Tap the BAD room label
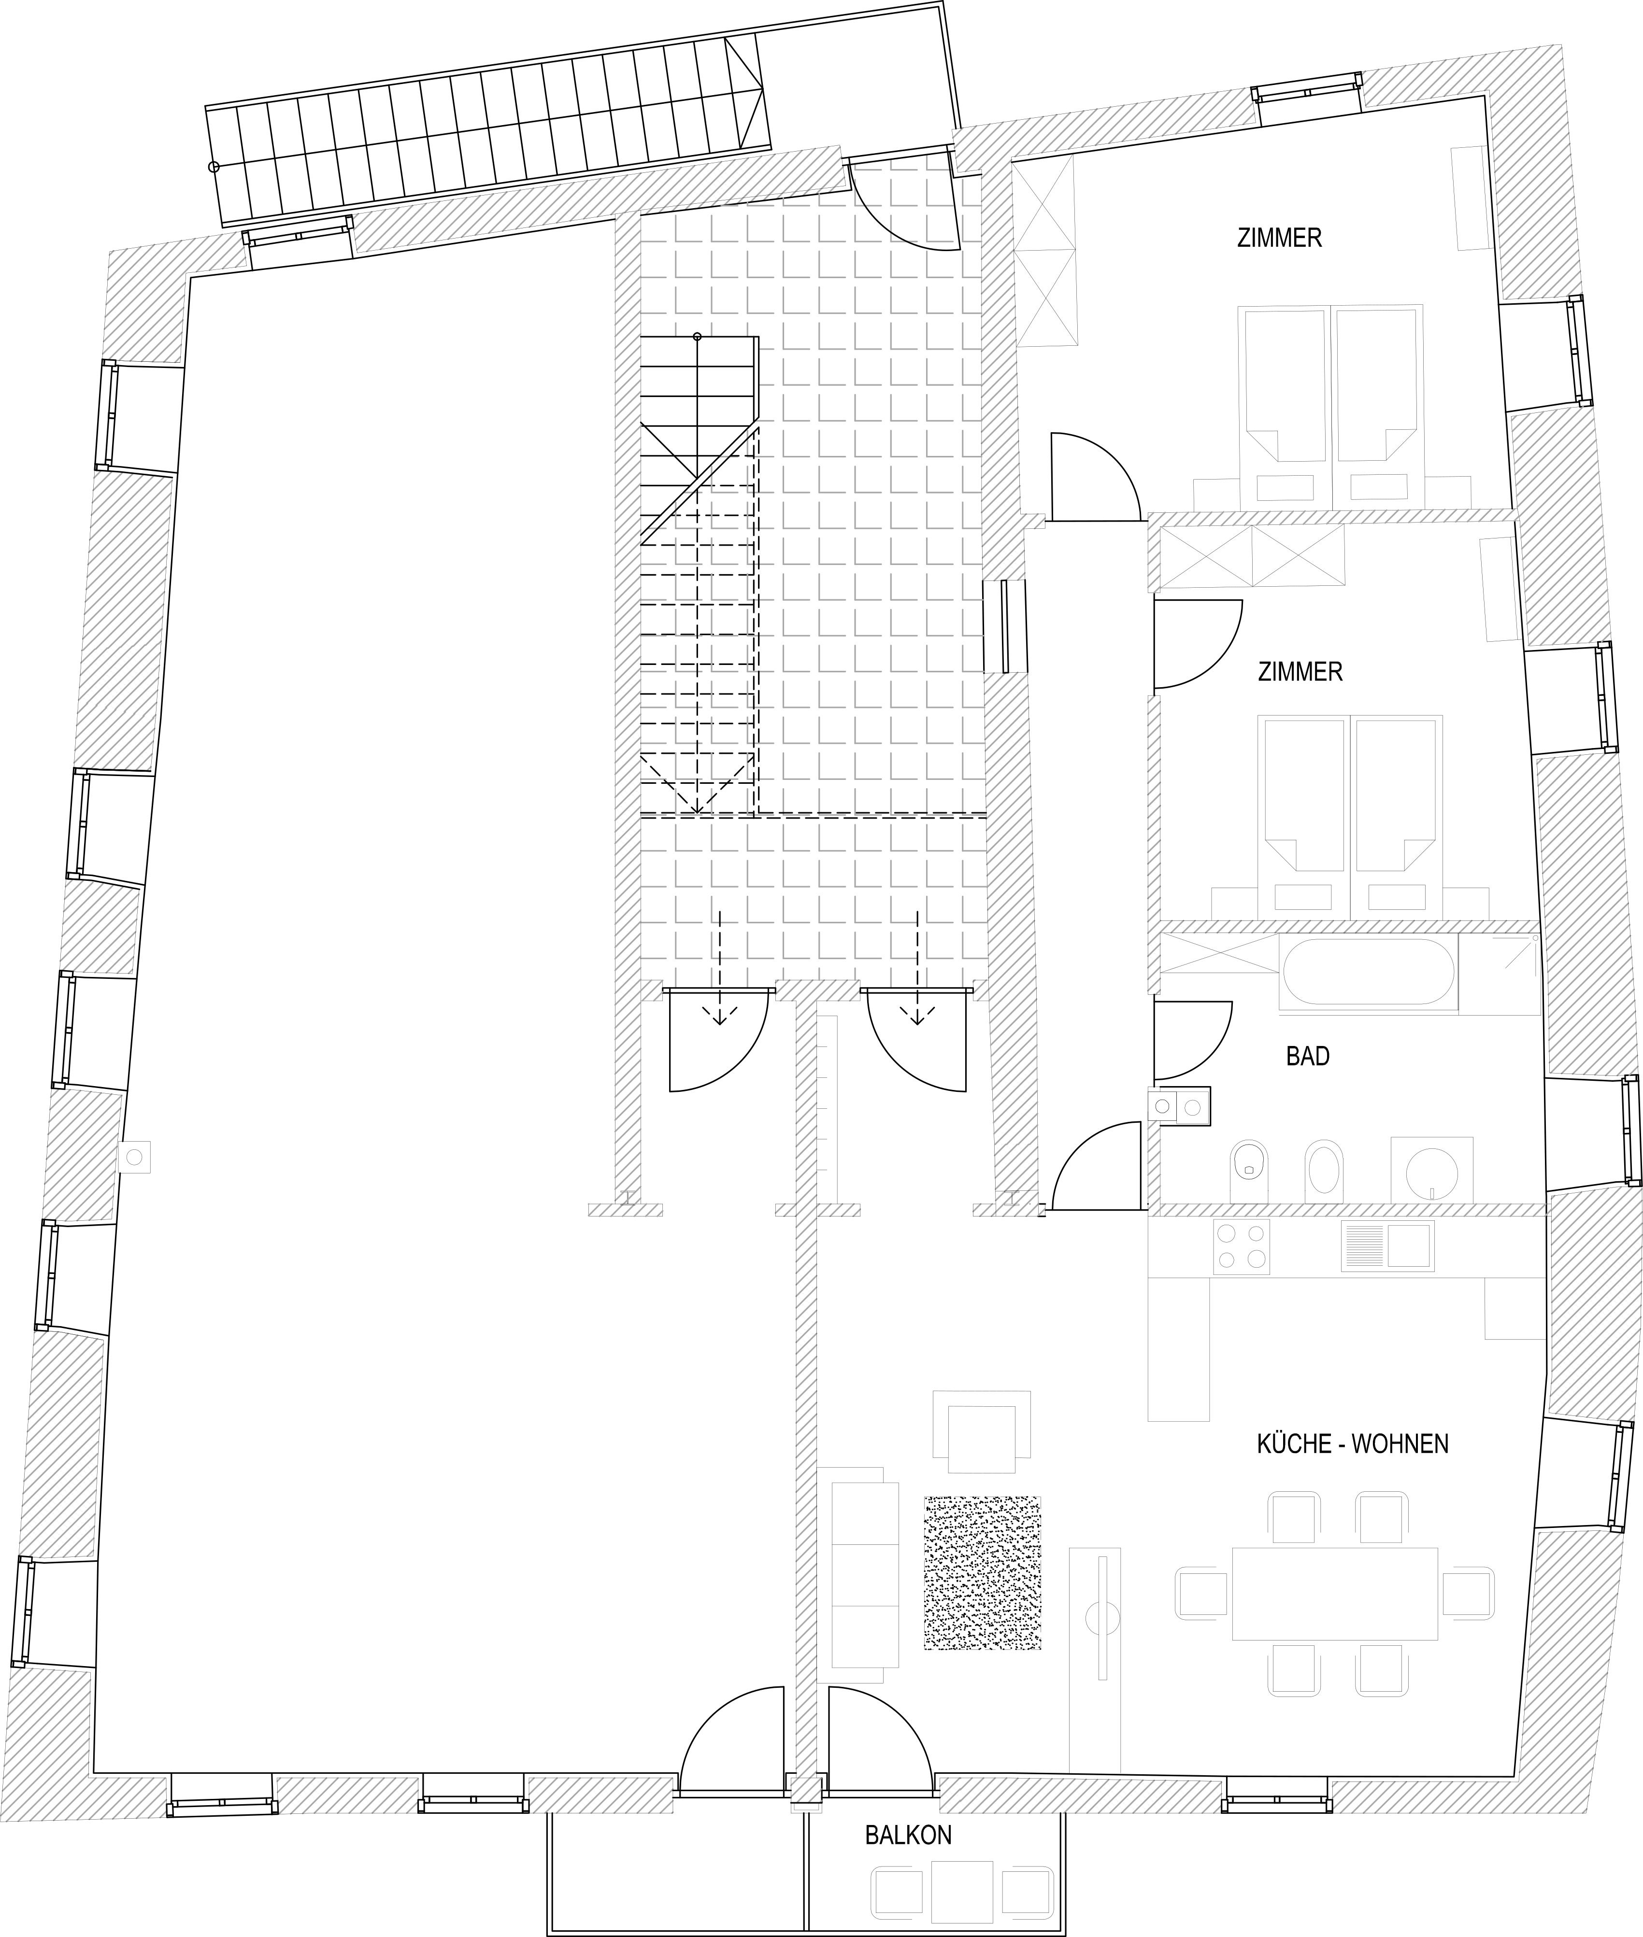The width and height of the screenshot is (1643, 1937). point(1308,1056)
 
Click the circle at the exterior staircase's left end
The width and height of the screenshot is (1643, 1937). point(214,167)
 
